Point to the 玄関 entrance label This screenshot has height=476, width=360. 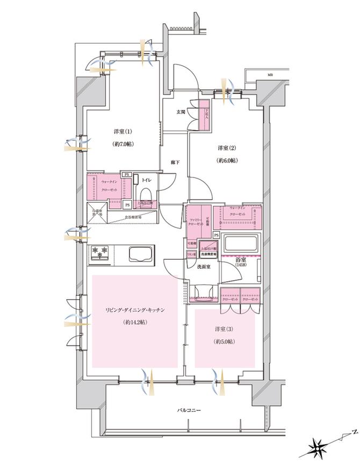pyautogui.click(x=181, y=112)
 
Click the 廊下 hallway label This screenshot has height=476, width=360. pyautogui.click(x=175, y=161)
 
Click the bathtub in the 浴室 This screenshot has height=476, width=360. pyautogui.click(x=240, y=243)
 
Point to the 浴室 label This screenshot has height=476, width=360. pyautogui.click(x=240, y=260)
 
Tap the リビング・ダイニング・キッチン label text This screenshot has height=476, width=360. pyautogui.click(x=134, y=310)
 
